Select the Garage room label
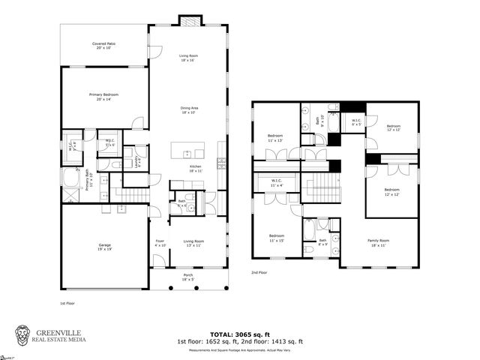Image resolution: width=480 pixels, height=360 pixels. tap(104, 247)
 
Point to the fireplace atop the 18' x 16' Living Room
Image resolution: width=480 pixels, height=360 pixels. tap(187, 20)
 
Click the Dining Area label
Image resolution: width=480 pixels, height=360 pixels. tap(188, 109)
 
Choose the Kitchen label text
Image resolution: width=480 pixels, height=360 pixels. tap(195, 168)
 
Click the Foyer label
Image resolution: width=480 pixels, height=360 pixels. tap(159, 243)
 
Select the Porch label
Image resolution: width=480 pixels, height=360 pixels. tap(187, 277)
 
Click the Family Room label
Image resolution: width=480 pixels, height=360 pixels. tap(379, 243)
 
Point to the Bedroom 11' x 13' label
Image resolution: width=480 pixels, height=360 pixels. tap(275, 139)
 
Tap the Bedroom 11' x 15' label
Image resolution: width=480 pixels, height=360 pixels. tap(276, 238)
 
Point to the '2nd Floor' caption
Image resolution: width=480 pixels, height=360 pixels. tap(259, 272)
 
